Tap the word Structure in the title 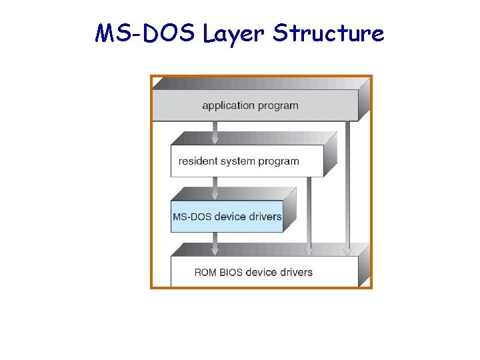coord(329,33)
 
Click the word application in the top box coord(229,105)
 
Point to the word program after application coord(279,105)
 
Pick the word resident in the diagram coord(199,161)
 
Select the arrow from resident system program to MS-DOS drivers coord(214,188)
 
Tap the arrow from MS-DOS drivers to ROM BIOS coord(214,243)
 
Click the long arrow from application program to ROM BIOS coord(347,187)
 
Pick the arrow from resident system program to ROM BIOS coord(308,213)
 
